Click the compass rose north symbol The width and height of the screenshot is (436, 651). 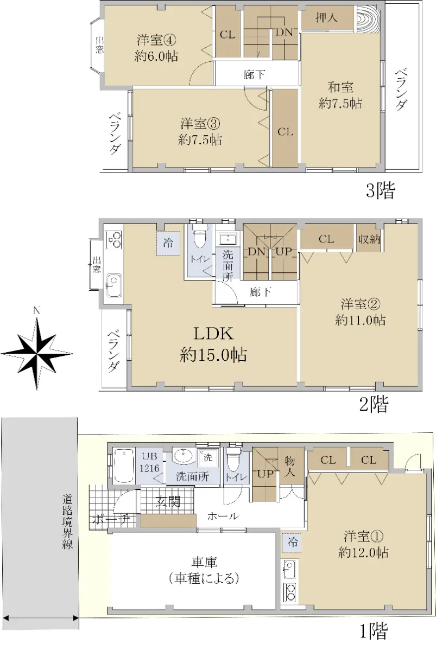36,353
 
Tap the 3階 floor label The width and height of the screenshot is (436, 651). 381,190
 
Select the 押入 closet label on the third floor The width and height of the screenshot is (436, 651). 326,18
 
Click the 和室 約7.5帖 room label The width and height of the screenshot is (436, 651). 340,95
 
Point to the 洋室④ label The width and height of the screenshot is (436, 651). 156,40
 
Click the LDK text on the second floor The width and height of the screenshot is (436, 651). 213,334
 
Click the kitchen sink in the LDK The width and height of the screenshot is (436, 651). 113,285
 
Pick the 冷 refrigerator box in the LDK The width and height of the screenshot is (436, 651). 168,243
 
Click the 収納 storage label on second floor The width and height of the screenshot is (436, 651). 369,239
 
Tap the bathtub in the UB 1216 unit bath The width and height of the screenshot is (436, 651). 124,465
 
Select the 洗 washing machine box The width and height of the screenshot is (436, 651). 207,458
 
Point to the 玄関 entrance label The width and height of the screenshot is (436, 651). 168,501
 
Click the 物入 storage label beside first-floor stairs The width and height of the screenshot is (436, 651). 290,467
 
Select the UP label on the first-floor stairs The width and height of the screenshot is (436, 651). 266,474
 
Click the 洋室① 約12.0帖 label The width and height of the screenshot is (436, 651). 363,544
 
